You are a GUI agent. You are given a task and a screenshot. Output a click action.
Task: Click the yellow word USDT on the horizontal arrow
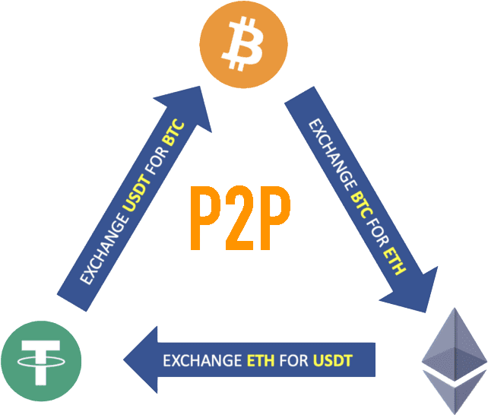[332, 360]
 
